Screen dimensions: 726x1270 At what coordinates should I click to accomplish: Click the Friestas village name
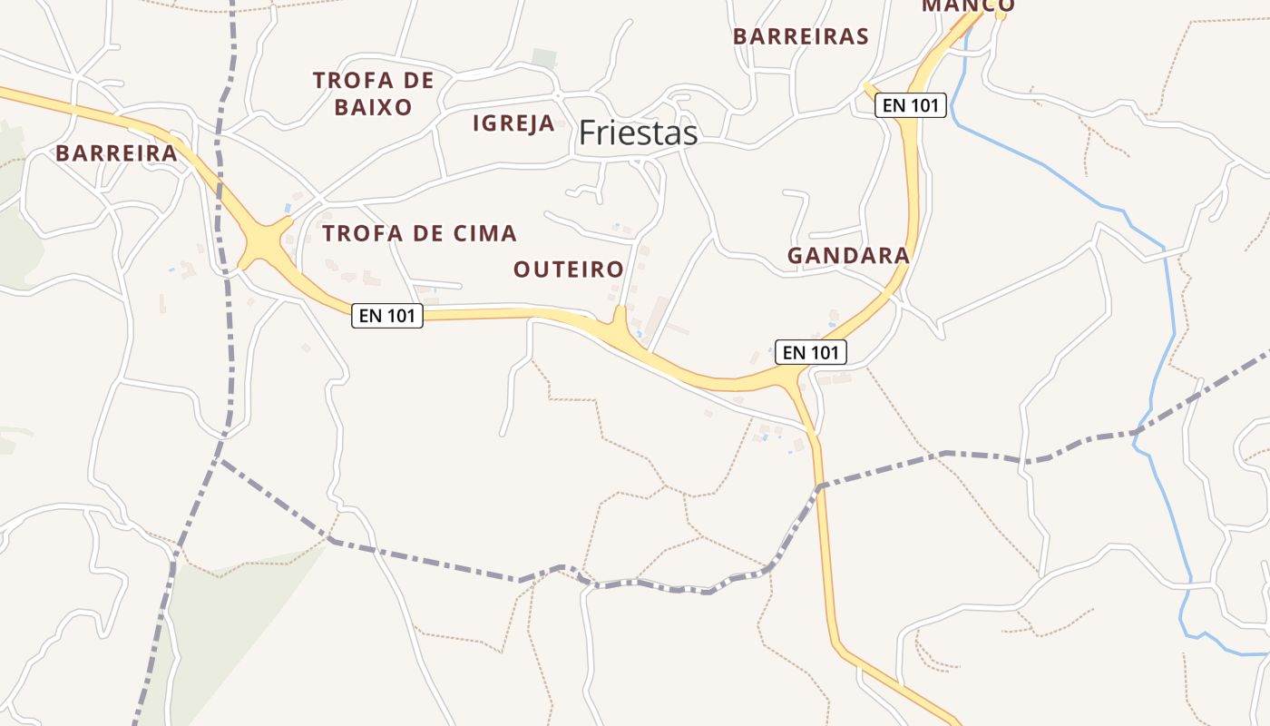pyautogui.click(x=638, y=133)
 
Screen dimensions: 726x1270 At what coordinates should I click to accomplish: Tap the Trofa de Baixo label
pyautogui.click(x=373, y=93)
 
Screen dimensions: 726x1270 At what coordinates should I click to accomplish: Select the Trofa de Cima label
pyautogui.click(x=419, y=233)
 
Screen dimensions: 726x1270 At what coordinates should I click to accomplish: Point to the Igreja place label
pyautogui.click(x=513, y=123)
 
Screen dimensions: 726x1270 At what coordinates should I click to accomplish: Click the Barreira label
pyautogui.click(x=116, y=153)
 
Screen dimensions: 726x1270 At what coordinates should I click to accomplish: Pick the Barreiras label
pyautogui.click(x=801, y=36)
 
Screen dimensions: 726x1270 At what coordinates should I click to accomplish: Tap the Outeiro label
pyautogui.click(x=569, y=270)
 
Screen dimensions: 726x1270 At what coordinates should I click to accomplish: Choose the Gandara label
pyautogui.click(x=848, y=256)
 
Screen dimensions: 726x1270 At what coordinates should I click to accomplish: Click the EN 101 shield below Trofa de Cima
pyautogui.click(x=387, y=316)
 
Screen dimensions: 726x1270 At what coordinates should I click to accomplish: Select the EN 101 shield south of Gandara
pyautogui.click(x=810, y=352)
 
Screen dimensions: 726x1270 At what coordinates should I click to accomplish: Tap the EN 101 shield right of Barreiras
pyautogui.click(x=910, y=105)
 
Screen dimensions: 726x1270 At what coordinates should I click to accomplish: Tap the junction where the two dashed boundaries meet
pyautogui.click(x=220, y=460)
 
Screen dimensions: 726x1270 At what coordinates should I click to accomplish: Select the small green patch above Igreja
pyautogui.click(x=544, y=59)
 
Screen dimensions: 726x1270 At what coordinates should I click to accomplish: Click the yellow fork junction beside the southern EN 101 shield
pyautogui.click(x=795, y=377)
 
